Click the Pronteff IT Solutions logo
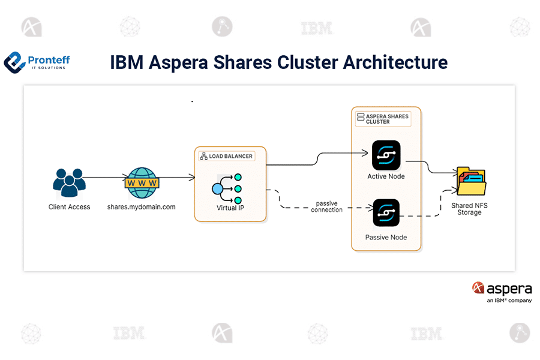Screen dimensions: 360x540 [x=37, y=61]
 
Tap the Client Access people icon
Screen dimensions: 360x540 [x=70, y=184]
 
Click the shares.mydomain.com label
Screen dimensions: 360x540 [x=142, y=207]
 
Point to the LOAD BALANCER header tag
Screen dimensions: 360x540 [x=226, y=156]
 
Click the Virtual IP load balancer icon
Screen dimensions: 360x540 [x=227, y=188]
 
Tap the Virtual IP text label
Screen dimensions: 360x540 [x=230, y=208]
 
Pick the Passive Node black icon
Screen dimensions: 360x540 [x=386, y=213]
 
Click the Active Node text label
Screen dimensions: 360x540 [x=386, y=176]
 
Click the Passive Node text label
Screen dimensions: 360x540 [x=386, y=238]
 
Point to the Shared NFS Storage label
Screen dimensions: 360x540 [x=469, y=209]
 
